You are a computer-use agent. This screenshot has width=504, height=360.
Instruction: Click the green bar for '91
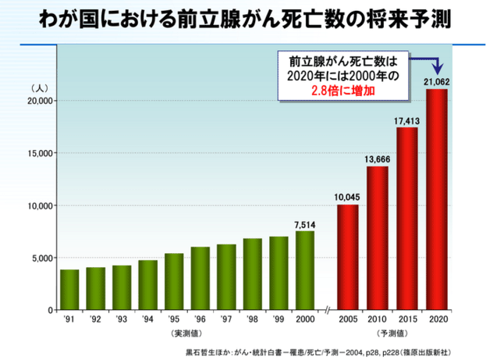coord(69,290)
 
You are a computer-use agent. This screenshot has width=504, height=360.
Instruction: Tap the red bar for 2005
coord(347,257)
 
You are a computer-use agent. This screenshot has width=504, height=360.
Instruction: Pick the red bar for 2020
coord(436,199)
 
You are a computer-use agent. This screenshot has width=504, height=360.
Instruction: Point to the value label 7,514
coord(305,224)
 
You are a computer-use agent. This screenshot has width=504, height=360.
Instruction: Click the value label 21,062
coord(436,81)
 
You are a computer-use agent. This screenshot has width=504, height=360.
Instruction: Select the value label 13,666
coord(377,159)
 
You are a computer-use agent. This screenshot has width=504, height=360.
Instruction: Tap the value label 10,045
coord(347,198)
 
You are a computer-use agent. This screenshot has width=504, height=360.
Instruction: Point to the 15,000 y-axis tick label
coord(38,153)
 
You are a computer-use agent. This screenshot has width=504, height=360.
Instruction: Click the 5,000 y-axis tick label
coord(41,258)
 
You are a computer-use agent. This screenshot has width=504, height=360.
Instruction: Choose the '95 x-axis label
coord(173,319)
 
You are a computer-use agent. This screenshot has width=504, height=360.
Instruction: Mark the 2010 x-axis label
coord(377,319)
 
